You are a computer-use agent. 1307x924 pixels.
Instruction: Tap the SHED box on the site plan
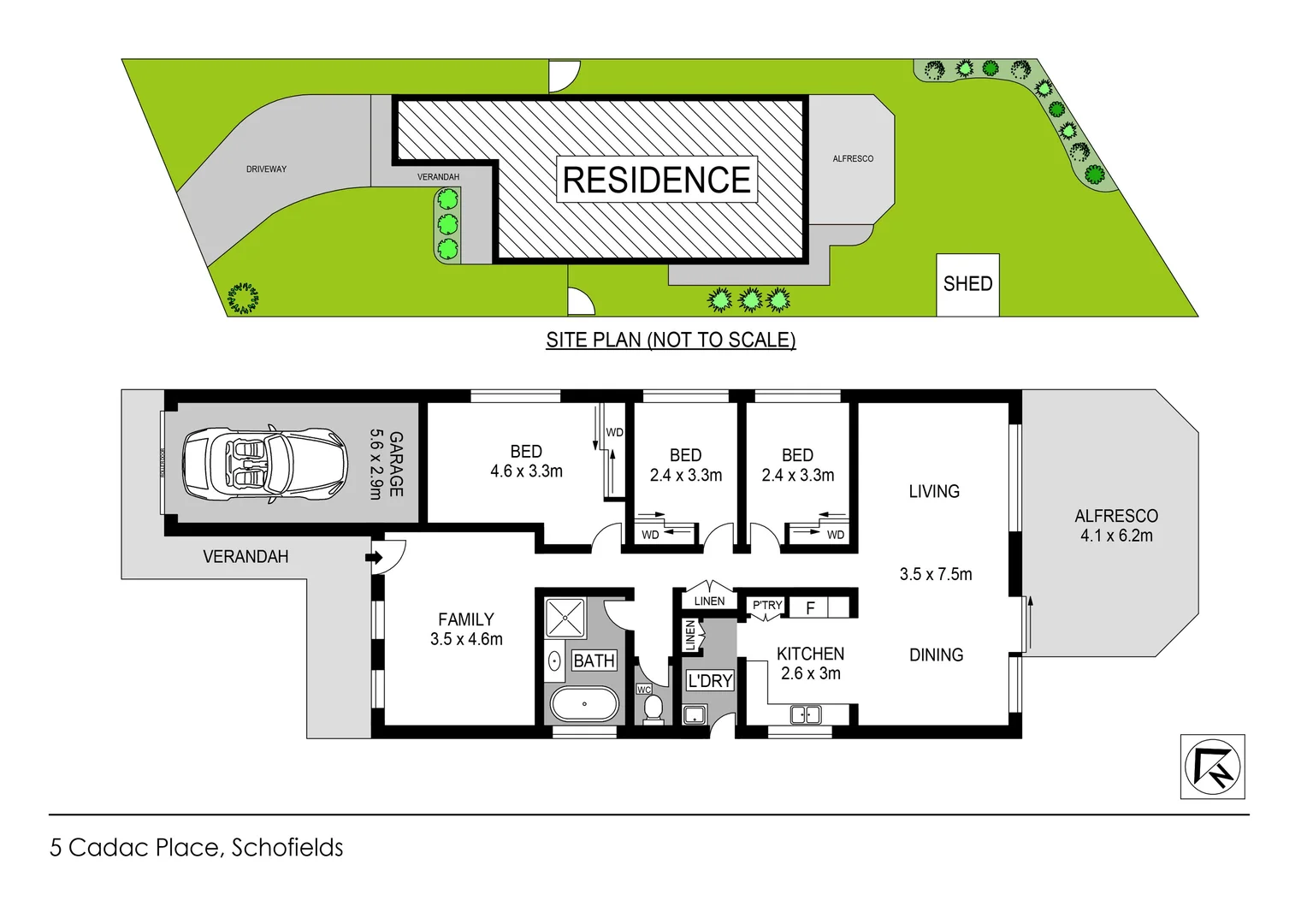(x=967, y=284)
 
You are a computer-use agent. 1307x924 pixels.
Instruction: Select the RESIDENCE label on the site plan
(x=657, y=180)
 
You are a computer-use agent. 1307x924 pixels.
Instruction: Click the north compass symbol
(x=1212, y=767)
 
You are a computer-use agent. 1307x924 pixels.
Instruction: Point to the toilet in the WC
(x=653, y=709)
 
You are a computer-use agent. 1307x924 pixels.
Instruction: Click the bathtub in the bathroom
(x=584, y=705)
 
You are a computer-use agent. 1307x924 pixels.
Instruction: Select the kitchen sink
(x=806, y=714)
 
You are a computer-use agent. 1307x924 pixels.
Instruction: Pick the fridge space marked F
(x=810, y=608)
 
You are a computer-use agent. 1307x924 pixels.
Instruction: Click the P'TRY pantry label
(x=767, y=606)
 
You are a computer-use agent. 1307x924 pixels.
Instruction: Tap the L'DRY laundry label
(x=710, y=681)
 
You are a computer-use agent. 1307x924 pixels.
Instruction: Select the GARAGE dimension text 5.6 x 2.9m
(x=376, y=464)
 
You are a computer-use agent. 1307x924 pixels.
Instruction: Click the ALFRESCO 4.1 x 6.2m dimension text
(x=1116, y=536)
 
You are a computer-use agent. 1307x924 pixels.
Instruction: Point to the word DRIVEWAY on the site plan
(x=266, y=169)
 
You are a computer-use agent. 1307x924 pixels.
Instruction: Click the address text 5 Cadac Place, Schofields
(x=197, y=848)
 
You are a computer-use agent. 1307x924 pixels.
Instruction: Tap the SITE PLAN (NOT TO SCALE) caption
(x=671, y=341)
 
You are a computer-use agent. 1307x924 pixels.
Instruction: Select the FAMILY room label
(x=466, y=619)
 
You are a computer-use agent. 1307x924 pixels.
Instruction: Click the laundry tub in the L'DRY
(x=695, y=715)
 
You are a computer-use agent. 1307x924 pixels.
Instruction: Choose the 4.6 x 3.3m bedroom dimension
(x=526, y=471)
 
